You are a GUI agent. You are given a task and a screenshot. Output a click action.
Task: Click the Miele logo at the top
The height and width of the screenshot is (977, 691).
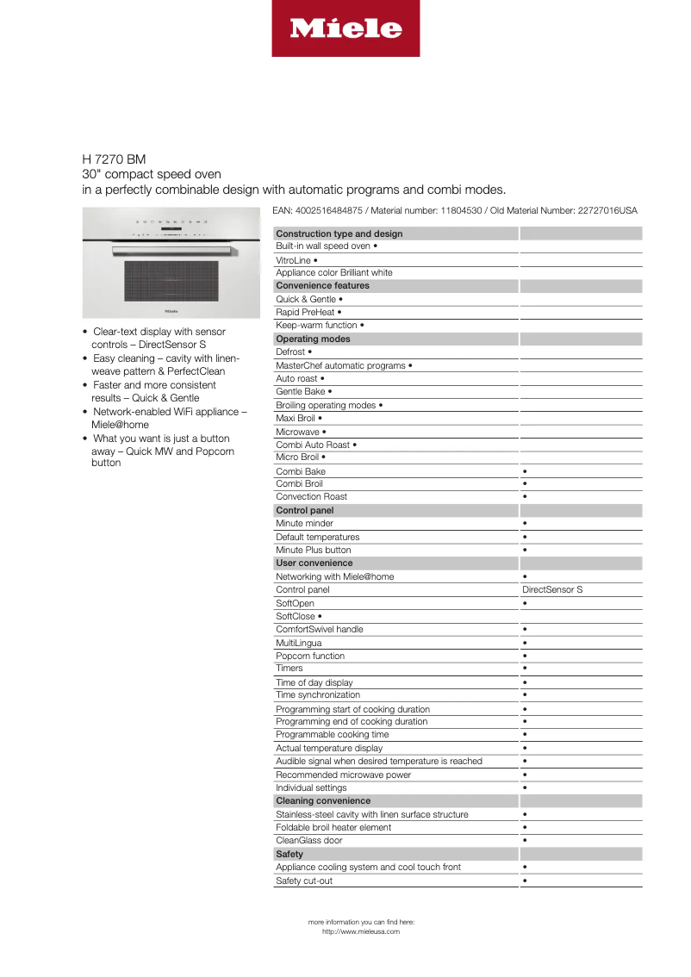click(x=345, y=28)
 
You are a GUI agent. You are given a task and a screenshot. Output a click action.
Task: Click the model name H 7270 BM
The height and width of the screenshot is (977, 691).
click(x=114, y=159)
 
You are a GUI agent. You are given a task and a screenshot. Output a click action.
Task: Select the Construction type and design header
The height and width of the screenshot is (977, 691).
click(x=339, y=233)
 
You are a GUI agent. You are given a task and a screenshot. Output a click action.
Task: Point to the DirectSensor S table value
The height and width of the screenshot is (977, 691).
click(x=552, y=590)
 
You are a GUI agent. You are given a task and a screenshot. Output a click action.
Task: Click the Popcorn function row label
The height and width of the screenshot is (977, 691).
click(x=310, y=656)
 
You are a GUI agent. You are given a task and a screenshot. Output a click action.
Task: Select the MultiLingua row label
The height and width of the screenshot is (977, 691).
click(x=298, y=643)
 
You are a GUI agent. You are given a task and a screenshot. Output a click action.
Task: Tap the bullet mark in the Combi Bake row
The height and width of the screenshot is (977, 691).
click(x=525, y=471)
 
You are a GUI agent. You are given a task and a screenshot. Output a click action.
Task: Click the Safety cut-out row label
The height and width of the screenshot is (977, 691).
click(x=303, y=881)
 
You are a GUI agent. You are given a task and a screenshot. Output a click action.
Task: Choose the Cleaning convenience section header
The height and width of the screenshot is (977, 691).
click(x=323, y=800)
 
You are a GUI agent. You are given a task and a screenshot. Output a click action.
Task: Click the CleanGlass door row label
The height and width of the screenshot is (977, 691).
click(x=308, y=840)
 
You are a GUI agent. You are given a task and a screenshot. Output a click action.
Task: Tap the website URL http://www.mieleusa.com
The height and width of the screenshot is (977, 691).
click(x=361, y=931)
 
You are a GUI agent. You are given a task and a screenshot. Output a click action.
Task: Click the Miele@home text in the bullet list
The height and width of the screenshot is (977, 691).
click(x=120, y=425)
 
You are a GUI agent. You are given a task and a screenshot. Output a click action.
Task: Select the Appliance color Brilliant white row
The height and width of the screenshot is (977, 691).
click(x=333, y=272)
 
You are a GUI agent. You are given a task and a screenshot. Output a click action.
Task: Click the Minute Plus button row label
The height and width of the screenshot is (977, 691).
click(x=313, y=550)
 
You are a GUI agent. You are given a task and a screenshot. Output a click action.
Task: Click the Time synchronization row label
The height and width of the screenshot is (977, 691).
click(x=318, y=694)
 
